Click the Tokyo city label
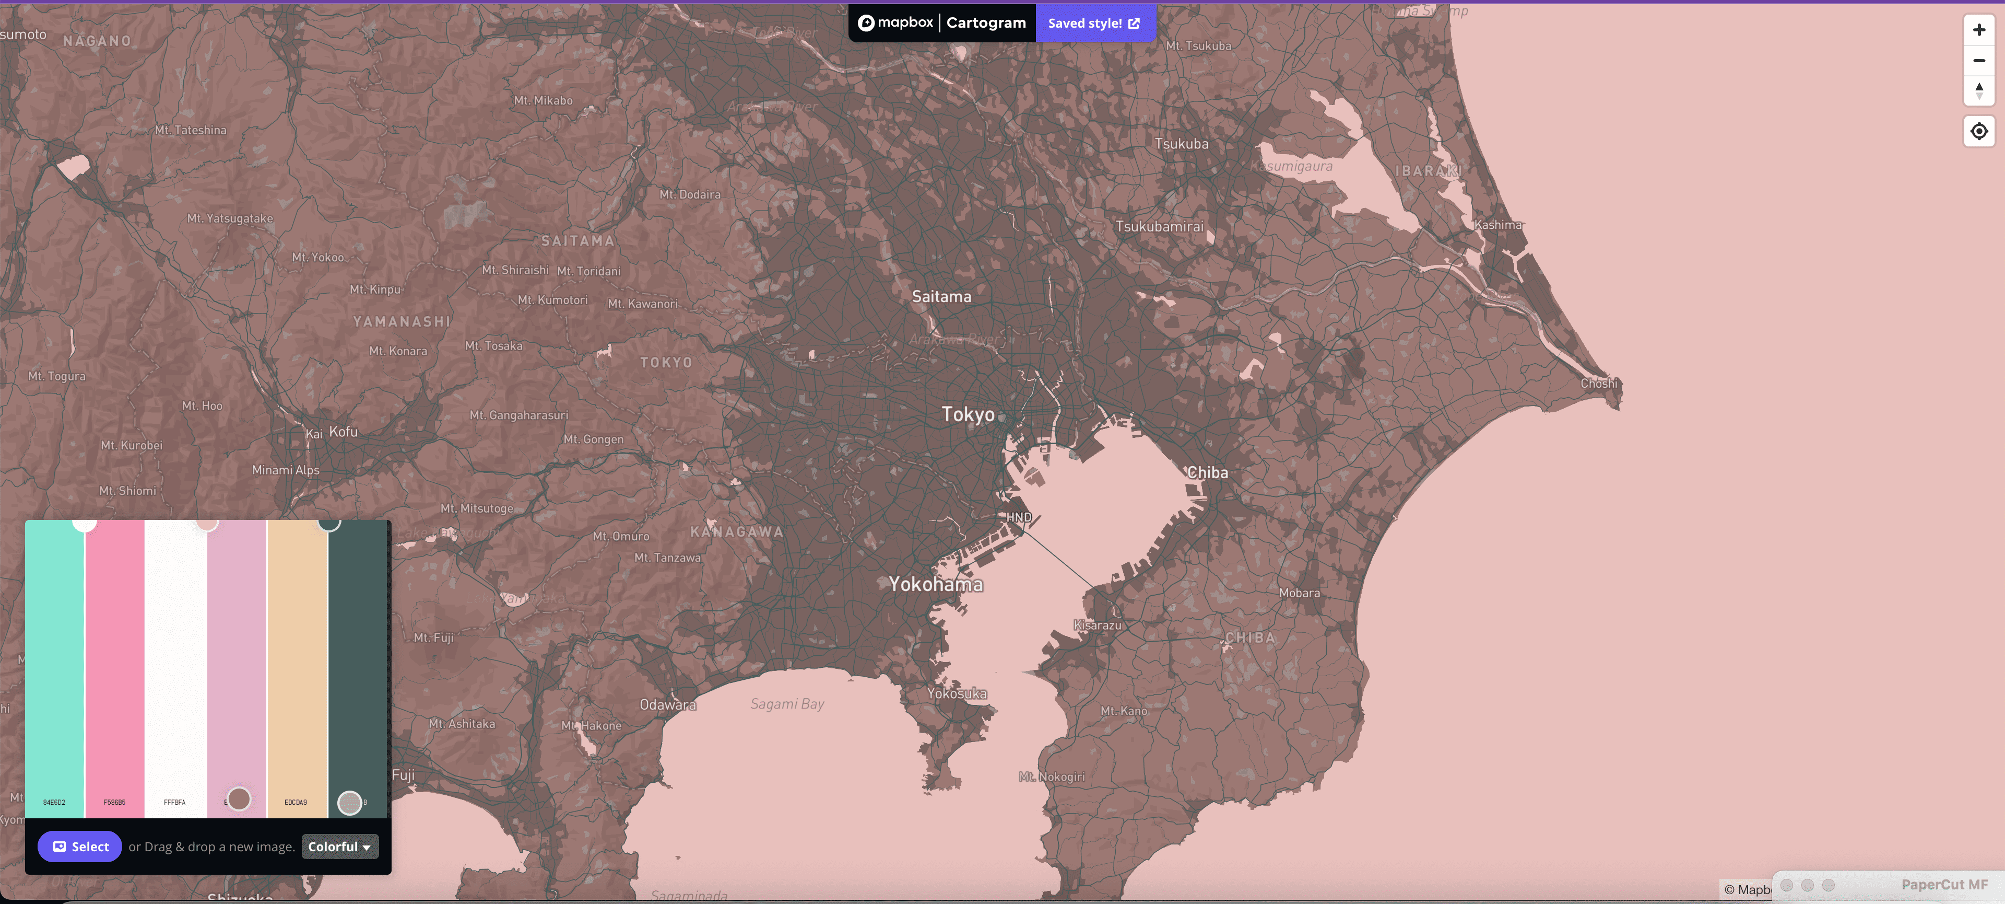[968, 414]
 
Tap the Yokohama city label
[936, 584]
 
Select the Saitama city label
[941, 297]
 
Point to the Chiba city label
[1207, 472]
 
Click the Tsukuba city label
[1181, 144]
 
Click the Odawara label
[667, 705]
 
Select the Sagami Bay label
[787, 704]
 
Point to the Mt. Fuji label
[433, 638]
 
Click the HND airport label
[1018, 517]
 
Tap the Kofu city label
[343, 432]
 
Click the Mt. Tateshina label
[191, 130]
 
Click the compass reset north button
[1978, 90]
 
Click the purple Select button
[80, 847]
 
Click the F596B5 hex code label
[114, 802]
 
